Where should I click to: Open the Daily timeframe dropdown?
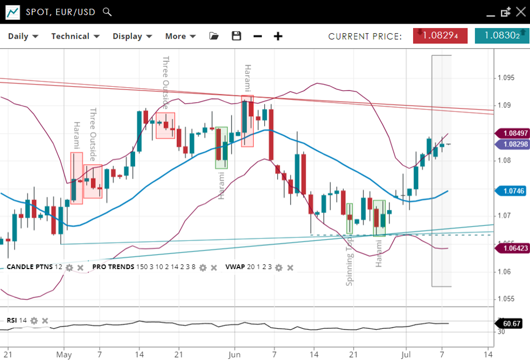[x=23, y=36]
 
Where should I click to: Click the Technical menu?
[x=75, y=36]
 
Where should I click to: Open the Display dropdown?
[x=132, y=36]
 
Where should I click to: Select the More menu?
[x=183, y=36]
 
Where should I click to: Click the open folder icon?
[x=214, y=36]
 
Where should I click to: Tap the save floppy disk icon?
[x=236, y=36]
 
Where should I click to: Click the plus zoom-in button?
[x=278, y=36]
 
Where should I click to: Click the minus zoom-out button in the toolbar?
[x=257, y=36]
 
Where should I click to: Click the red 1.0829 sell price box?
[x=440, y=36]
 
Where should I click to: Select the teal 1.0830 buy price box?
[x=501, y=36]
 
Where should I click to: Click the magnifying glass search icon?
[x=107, y=11]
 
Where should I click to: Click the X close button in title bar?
[x=520, y=11]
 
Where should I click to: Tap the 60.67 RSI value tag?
[x=511, y=324]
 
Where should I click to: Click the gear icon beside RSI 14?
[x=34, y=321]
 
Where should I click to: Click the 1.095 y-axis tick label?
[x=506, y=77]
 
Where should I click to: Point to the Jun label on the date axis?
[x=234, y=355]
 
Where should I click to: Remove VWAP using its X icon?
[x=290, y=267]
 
